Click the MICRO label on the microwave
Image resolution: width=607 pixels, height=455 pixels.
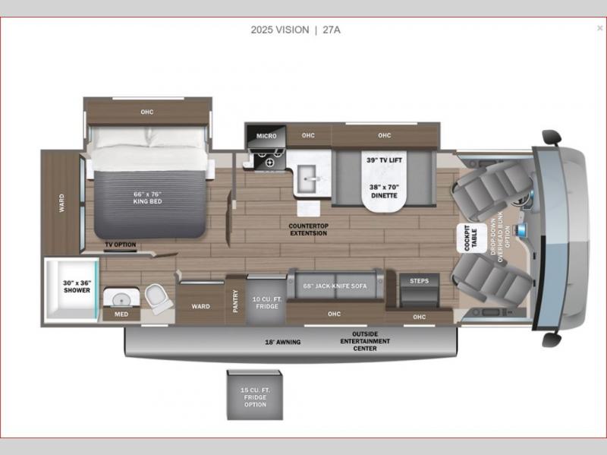(x=266, y=136)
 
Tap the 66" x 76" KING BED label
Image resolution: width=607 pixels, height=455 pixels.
(x=147, y=197)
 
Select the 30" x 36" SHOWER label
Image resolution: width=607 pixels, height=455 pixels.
(x=77, y=286)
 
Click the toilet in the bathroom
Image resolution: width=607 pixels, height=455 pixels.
(x=159, y=298)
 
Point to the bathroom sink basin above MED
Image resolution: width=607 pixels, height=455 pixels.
(x=121, y=299)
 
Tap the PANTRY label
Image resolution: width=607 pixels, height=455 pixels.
(x=235, y=301)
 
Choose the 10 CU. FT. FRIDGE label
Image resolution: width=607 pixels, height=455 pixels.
(x=267, y=302)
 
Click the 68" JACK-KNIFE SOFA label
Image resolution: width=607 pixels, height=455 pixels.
(x=335, y=286)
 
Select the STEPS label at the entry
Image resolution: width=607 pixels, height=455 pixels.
(x=420, y=280)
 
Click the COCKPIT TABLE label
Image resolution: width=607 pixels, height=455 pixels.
(x=470, y=238)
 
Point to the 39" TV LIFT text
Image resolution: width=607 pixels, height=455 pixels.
(x=384, y=160)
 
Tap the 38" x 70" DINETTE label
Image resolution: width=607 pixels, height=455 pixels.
(x=384, y=191)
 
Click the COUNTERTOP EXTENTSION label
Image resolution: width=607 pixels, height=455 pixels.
(x=309, y=229)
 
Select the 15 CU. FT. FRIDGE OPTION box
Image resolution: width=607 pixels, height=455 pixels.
(x=255, y=395)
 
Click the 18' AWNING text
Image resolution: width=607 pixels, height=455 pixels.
(x=282, y=343)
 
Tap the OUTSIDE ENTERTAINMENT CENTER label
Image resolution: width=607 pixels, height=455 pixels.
(x=365, y=341)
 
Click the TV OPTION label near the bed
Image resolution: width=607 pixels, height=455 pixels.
(x=121, y=245)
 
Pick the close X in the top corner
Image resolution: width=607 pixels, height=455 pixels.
(x=599, y=28)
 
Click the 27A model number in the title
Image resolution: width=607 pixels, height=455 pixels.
(x=332, y=30)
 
